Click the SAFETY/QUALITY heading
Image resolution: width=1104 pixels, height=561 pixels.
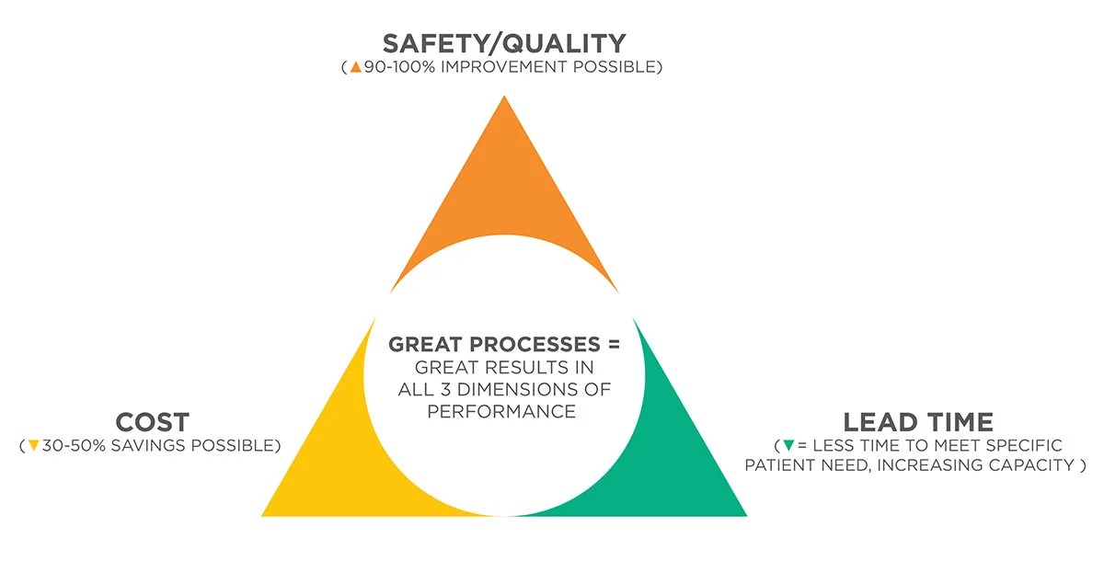503,43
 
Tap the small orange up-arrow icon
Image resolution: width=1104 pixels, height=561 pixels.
355,68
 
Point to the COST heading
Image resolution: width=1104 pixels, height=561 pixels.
152,422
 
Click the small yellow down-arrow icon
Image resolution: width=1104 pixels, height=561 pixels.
34,446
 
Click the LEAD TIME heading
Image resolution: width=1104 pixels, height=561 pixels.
918,422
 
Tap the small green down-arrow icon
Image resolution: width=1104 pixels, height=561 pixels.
788,446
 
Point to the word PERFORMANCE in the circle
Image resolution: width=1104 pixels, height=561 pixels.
502,411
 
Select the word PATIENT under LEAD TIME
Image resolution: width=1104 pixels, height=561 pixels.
778,465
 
